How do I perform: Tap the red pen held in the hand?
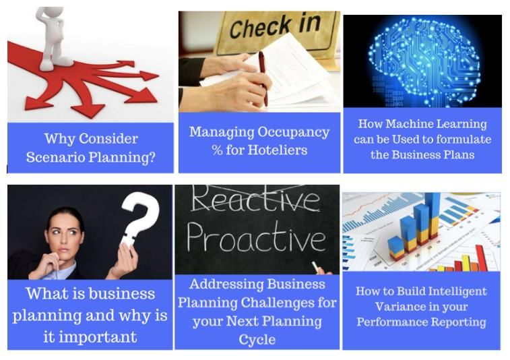coord(263,79)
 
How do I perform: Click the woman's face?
coord(65,235)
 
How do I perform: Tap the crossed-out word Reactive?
coord(255,199)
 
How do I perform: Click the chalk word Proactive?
coord(256,237)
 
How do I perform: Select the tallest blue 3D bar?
coord(433,215)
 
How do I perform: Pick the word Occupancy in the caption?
coord(294,133)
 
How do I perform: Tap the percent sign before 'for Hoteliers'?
coord(217,150)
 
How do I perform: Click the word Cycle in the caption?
coord(257,340)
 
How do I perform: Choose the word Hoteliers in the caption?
coord(278,150)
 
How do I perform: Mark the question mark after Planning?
coord(151,158)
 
